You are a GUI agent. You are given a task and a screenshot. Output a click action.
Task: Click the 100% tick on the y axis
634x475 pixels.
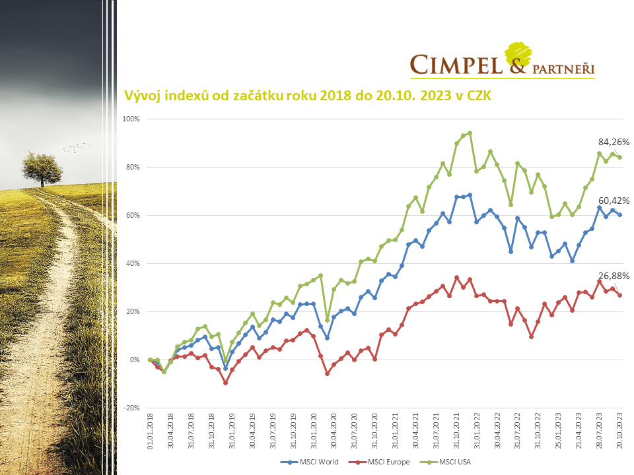click(x=132, y=119)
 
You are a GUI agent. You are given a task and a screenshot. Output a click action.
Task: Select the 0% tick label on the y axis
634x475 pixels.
click(x=136, y=360)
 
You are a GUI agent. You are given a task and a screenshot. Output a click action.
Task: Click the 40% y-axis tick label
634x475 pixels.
click(x=134, y=263)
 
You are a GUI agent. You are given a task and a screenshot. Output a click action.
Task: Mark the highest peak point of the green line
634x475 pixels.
click(x=470, y=133)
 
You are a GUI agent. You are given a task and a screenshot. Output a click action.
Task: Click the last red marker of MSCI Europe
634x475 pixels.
click(x=619, y=295)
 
